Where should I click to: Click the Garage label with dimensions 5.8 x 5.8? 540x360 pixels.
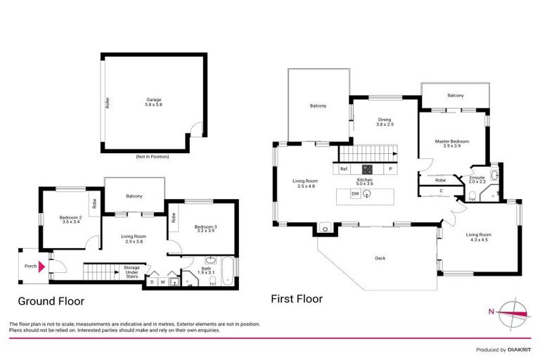[x=154, y=102]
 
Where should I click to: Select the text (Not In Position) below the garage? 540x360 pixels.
[x=154, y=157]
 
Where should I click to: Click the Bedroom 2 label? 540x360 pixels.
[x=71, y=219]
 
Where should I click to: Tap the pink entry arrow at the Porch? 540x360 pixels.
[x=42, y=266]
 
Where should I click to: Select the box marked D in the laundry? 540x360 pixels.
[x=151, y=283]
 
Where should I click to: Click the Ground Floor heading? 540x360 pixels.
[x=51, y=301]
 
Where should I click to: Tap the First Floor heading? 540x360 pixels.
[x=297, y=299]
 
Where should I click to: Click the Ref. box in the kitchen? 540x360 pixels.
[x=345, y=169]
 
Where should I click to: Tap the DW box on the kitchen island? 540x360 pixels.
[x=356, y=194]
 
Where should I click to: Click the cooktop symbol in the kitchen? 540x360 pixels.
[x=367, y=169]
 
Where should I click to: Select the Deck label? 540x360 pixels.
[x=380, y=258]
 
